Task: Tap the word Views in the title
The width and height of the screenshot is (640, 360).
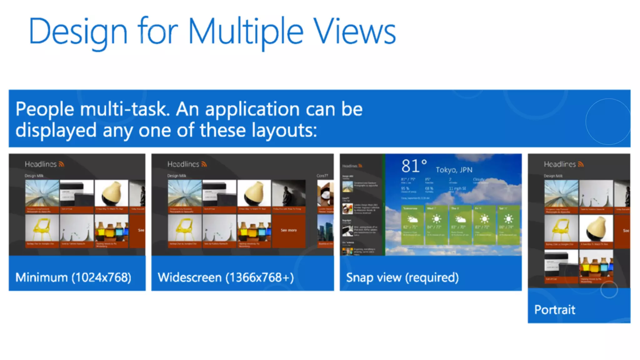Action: tap(354, 32)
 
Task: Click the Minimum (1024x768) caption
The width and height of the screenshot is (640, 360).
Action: tap(73, 277)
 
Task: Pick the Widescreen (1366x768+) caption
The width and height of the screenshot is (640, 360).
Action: tap(226, 277)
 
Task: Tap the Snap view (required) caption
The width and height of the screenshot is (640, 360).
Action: tap(402, 277)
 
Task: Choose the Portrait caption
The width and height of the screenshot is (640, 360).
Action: tap(555, 310)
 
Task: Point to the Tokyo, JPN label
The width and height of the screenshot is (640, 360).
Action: tap(454, 170)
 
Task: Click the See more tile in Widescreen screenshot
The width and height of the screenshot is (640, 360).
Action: tap(288, 231)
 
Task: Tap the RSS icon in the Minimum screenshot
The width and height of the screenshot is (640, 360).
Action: tap(62, 164)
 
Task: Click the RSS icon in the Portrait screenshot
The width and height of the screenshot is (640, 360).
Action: tap(581, 164)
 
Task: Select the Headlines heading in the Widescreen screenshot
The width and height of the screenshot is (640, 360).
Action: tap(183, 164)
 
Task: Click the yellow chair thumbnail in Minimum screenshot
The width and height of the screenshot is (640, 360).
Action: tap(42, 229)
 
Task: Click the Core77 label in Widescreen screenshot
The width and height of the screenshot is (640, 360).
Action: tap(322, 176)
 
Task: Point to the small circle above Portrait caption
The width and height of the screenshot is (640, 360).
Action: tap(609, 290)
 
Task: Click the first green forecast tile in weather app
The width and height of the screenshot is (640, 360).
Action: tap(412, 224)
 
